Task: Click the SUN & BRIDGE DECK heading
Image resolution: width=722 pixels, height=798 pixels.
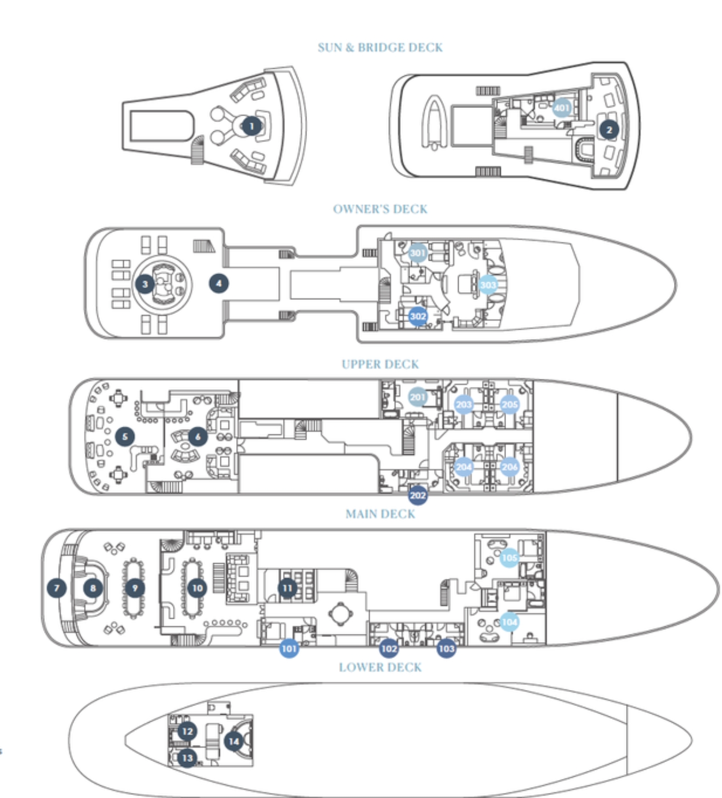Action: pyautogui.click(x=380, y=47)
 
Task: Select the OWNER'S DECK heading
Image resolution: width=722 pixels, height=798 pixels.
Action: pyautogui.click(x=380, y=209)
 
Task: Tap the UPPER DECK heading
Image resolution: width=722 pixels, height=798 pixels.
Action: pyautogui.click(x=380, y=364)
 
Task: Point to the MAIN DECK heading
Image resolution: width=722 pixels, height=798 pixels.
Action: pyautogui.click(x=380, y=514)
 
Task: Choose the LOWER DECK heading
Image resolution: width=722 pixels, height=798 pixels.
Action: pyautogui.click(x=380, y=667)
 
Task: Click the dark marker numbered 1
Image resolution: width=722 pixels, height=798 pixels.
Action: pyautogui.click(x=251, y=126)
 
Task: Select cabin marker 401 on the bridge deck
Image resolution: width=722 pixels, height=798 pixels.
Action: pyautogui.click(x=562, y=107)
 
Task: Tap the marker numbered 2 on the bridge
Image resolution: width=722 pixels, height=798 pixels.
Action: pyautogui.click(x=609, y=130)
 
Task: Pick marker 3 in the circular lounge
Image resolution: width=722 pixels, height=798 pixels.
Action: pyautogui.click(x=145, y=284)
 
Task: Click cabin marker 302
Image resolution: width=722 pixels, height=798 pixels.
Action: pyautogui.click(x=418, y=316)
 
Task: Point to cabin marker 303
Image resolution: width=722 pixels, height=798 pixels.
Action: pyautogui.click(x=488, y=285)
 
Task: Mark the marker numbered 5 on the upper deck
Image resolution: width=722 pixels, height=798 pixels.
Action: pyautogui.click(x=125, y=436)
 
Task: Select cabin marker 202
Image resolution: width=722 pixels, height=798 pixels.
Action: pyautogui.click(x=418, y=495)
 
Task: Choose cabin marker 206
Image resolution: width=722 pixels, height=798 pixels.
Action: pyautogui.click(x=509, y=467)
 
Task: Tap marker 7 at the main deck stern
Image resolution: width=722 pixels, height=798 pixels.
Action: pyautogui.click(x=57, y=588)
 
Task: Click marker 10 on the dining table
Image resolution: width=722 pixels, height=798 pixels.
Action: pyautogui.click(x=197, y=588)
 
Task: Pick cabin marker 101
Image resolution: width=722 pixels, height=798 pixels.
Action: pyautogui.click(x=289, y=649)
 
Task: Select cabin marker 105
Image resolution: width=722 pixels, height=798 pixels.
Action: pyautogui.click(x=509, y=557)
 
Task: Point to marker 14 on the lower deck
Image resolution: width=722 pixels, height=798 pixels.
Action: pyautogui.click(x=233, y=741)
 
